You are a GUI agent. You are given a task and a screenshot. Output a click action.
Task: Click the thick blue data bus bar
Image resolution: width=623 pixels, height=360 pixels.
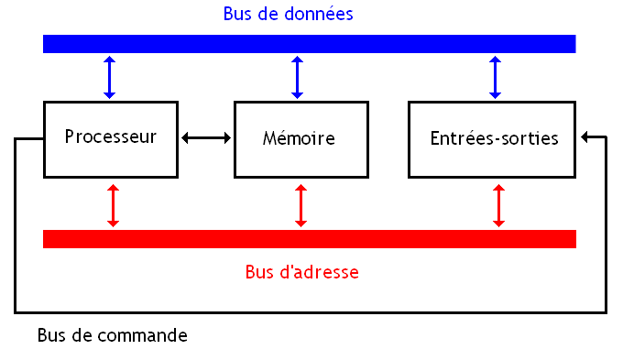(309, 44)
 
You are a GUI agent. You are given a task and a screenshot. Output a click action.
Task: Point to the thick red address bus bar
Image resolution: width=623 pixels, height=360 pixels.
(309, 239)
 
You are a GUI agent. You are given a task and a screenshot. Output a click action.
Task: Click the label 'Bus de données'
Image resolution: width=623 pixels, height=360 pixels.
(288, 15)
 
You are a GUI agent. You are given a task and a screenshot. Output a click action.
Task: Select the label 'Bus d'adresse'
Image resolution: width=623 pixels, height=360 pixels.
(301, 272)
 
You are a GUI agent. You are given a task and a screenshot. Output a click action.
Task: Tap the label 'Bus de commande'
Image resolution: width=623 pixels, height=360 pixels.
(113, 335)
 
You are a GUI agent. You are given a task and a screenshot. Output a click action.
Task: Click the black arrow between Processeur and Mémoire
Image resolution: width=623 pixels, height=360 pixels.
(206, 138)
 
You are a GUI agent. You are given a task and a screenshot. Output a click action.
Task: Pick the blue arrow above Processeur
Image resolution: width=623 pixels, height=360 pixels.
(110, 77)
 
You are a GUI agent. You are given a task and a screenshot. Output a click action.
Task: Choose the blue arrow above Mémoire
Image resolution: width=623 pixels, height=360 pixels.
(297, 77)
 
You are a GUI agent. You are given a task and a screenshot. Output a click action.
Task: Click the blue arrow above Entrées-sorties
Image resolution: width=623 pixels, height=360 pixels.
(496, 77)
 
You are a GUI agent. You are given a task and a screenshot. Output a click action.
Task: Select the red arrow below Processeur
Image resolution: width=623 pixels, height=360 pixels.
(113, 205)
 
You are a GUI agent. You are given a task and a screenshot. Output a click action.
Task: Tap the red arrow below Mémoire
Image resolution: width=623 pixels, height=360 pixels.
(301, 205)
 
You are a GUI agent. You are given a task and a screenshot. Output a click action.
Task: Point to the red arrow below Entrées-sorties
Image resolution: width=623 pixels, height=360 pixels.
(498, 205)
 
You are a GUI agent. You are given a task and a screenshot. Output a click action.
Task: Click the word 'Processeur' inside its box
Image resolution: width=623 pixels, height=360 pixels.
(110, 137)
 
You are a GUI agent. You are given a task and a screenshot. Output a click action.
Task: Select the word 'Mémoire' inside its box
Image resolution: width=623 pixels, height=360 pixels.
(299, 139)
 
